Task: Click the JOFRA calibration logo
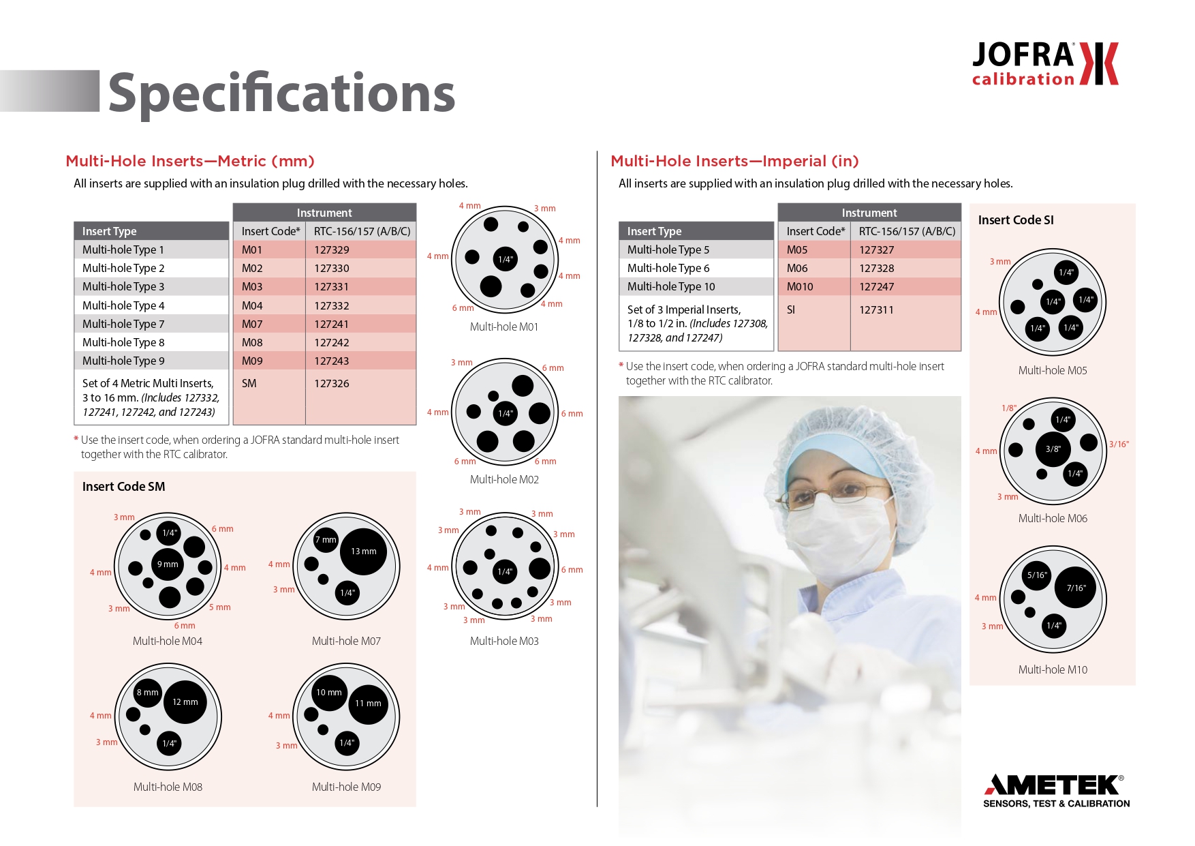point(1045,63)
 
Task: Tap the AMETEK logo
point(1056,791)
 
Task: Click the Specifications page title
point(281,94)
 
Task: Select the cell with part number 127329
point(360,250)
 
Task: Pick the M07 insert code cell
point(269,324)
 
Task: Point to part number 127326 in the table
point(332,383)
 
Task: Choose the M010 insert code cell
point(814,286)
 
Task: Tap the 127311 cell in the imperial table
point(876,309)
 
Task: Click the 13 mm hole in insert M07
point(363,552)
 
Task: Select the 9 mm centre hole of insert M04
point(168,564)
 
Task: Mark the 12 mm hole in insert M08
point(185,702)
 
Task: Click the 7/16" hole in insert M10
point(1076,588)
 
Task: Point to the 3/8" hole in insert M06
point(1053,449)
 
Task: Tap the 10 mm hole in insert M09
point(329,693)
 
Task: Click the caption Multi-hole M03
point(504,641)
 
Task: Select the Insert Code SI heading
point(1016,220)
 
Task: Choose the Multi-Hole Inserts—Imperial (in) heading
point(734,161)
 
